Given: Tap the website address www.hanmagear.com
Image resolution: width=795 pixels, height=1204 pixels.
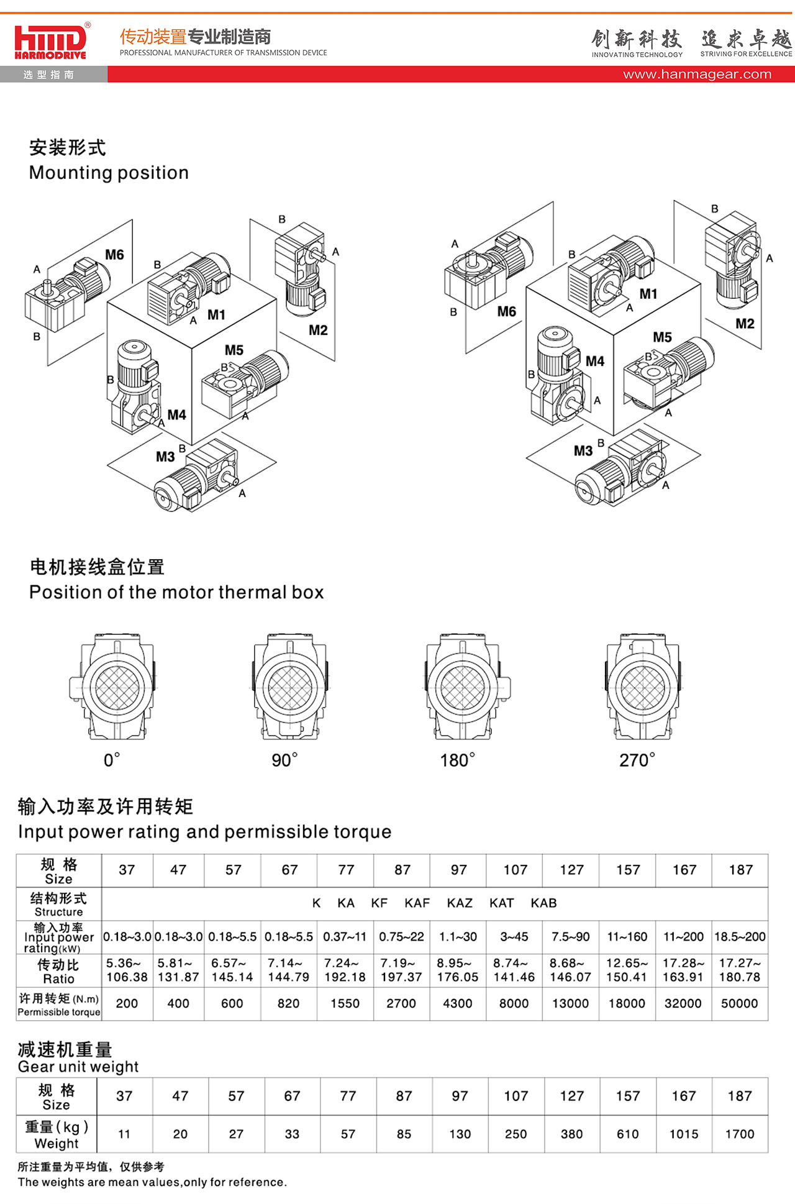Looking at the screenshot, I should tap(697, 75).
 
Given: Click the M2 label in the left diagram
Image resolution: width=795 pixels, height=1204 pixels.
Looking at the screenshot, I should tap(318, 330).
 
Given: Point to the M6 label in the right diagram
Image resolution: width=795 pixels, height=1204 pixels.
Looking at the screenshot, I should tap(506, 311).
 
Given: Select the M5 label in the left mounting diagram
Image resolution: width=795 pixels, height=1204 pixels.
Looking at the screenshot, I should tap(234, 350).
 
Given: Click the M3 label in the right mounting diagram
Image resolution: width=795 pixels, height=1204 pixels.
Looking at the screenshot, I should tap(583, 450).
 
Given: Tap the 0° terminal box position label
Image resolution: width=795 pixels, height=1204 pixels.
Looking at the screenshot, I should tap(112, 760).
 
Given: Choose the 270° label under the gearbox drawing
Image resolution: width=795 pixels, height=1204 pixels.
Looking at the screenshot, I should tap(637, 760).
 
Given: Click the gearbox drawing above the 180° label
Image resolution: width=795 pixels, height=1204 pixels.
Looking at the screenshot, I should tap(463, 686).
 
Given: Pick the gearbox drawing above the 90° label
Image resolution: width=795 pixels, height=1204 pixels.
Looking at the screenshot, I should tap(289, 686).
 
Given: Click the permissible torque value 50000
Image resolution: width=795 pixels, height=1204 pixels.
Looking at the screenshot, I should tap(739, 1003).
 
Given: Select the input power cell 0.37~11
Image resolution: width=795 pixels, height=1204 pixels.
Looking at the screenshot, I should tap(345, 936).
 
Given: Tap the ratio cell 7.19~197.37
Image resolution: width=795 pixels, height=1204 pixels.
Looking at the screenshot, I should tap(401, 970).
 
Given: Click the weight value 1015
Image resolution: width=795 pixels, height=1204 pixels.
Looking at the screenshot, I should tap(683, 1134).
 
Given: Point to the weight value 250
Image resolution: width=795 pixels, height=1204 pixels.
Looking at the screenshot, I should tap(516, 1134).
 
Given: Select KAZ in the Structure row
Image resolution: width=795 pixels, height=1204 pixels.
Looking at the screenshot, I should tap(460, 903).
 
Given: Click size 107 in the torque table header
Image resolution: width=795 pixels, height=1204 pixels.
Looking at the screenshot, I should tap(515, 870).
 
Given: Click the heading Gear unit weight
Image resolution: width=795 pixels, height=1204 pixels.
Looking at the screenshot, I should tap(78, 1067).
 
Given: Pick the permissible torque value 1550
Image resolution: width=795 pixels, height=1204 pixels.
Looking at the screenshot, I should tap(345, 1003).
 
